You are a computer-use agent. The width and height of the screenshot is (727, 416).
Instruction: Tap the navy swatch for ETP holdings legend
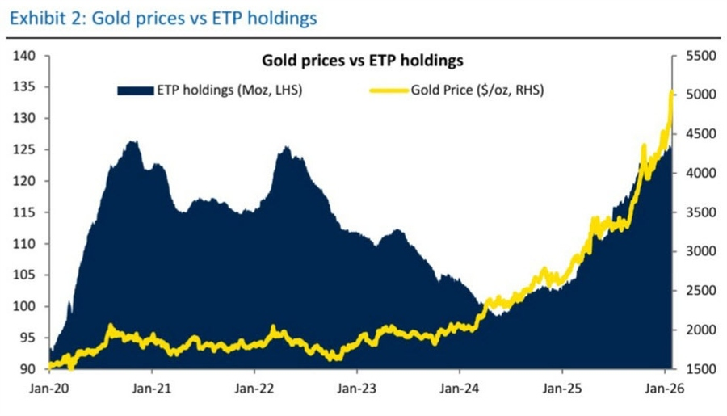[136, 90]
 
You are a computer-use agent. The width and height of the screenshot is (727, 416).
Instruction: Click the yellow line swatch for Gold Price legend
[389, 90]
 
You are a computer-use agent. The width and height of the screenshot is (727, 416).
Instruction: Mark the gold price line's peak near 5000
[671, 93]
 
